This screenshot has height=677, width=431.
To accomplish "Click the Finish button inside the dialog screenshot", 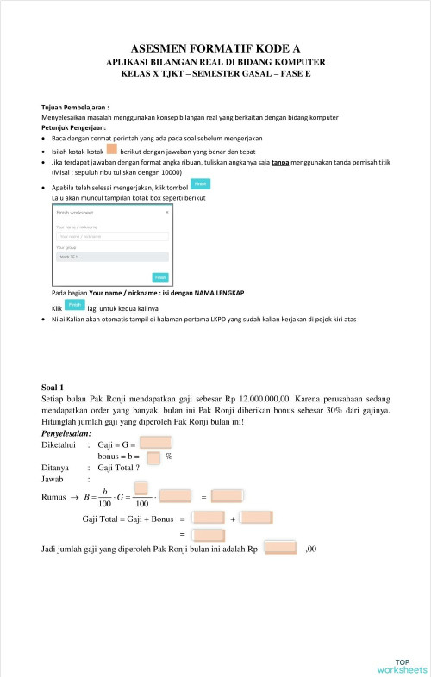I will coord(159,276).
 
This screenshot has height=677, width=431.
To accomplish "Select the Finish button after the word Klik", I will coord(75,305).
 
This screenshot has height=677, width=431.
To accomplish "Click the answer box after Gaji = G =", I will coord(154,444).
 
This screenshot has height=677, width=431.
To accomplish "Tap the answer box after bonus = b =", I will coord(154,457).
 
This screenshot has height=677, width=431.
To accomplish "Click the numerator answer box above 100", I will coord(141,488).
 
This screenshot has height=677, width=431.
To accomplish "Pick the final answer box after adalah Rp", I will coord(279,548).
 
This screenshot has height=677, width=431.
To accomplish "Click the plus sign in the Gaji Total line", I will coord(233,519).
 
